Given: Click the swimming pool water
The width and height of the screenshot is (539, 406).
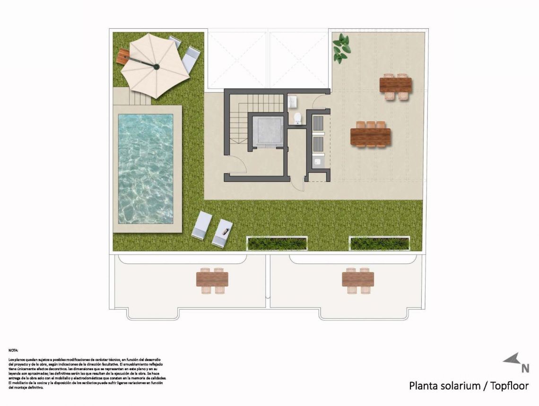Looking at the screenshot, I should pyautogui.click(x=145, y=168).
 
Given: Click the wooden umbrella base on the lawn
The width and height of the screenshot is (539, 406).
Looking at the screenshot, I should pyautogui.click(x=123, y=57).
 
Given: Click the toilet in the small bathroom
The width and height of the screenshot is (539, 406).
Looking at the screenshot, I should pyautogui.click(x=297, y=118).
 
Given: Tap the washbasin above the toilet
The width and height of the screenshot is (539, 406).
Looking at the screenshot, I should pyautogui.click(x=293, y=101).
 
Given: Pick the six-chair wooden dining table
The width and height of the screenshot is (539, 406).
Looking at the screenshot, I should pyautogui.click(x=370, y=136).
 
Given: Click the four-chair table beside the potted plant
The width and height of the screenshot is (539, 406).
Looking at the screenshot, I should pyautogui.click(x=395, y=85).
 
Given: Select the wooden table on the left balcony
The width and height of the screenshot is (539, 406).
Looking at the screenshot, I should pyautogui.click(x=212, y=279).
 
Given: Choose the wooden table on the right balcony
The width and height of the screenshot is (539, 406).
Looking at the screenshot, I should pyautogui.click(x=358, y=279).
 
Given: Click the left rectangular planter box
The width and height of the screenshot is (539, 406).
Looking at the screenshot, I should pyautogui.click(x=277, y=243).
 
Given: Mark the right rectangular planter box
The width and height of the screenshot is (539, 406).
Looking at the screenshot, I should pyautogui.click(x=379, y=243).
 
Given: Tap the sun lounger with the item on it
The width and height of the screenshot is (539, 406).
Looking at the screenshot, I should pyautogui.click(x=222, y=233).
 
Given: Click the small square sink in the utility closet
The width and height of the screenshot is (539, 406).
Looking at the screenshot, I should pyautogui.click(x=317, y=162).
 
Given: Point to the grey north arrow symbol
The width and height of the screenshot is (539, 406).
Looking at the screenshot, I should pyautogui.click(x=511, y=359).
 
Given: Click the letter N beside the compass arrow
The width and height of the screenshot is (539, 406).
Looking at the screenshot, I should pyautogui.click(x=525, y=368).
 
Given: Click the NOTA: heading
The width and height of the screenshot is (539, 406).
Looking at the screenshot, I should pyautogui.click(x=13, y=350).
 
